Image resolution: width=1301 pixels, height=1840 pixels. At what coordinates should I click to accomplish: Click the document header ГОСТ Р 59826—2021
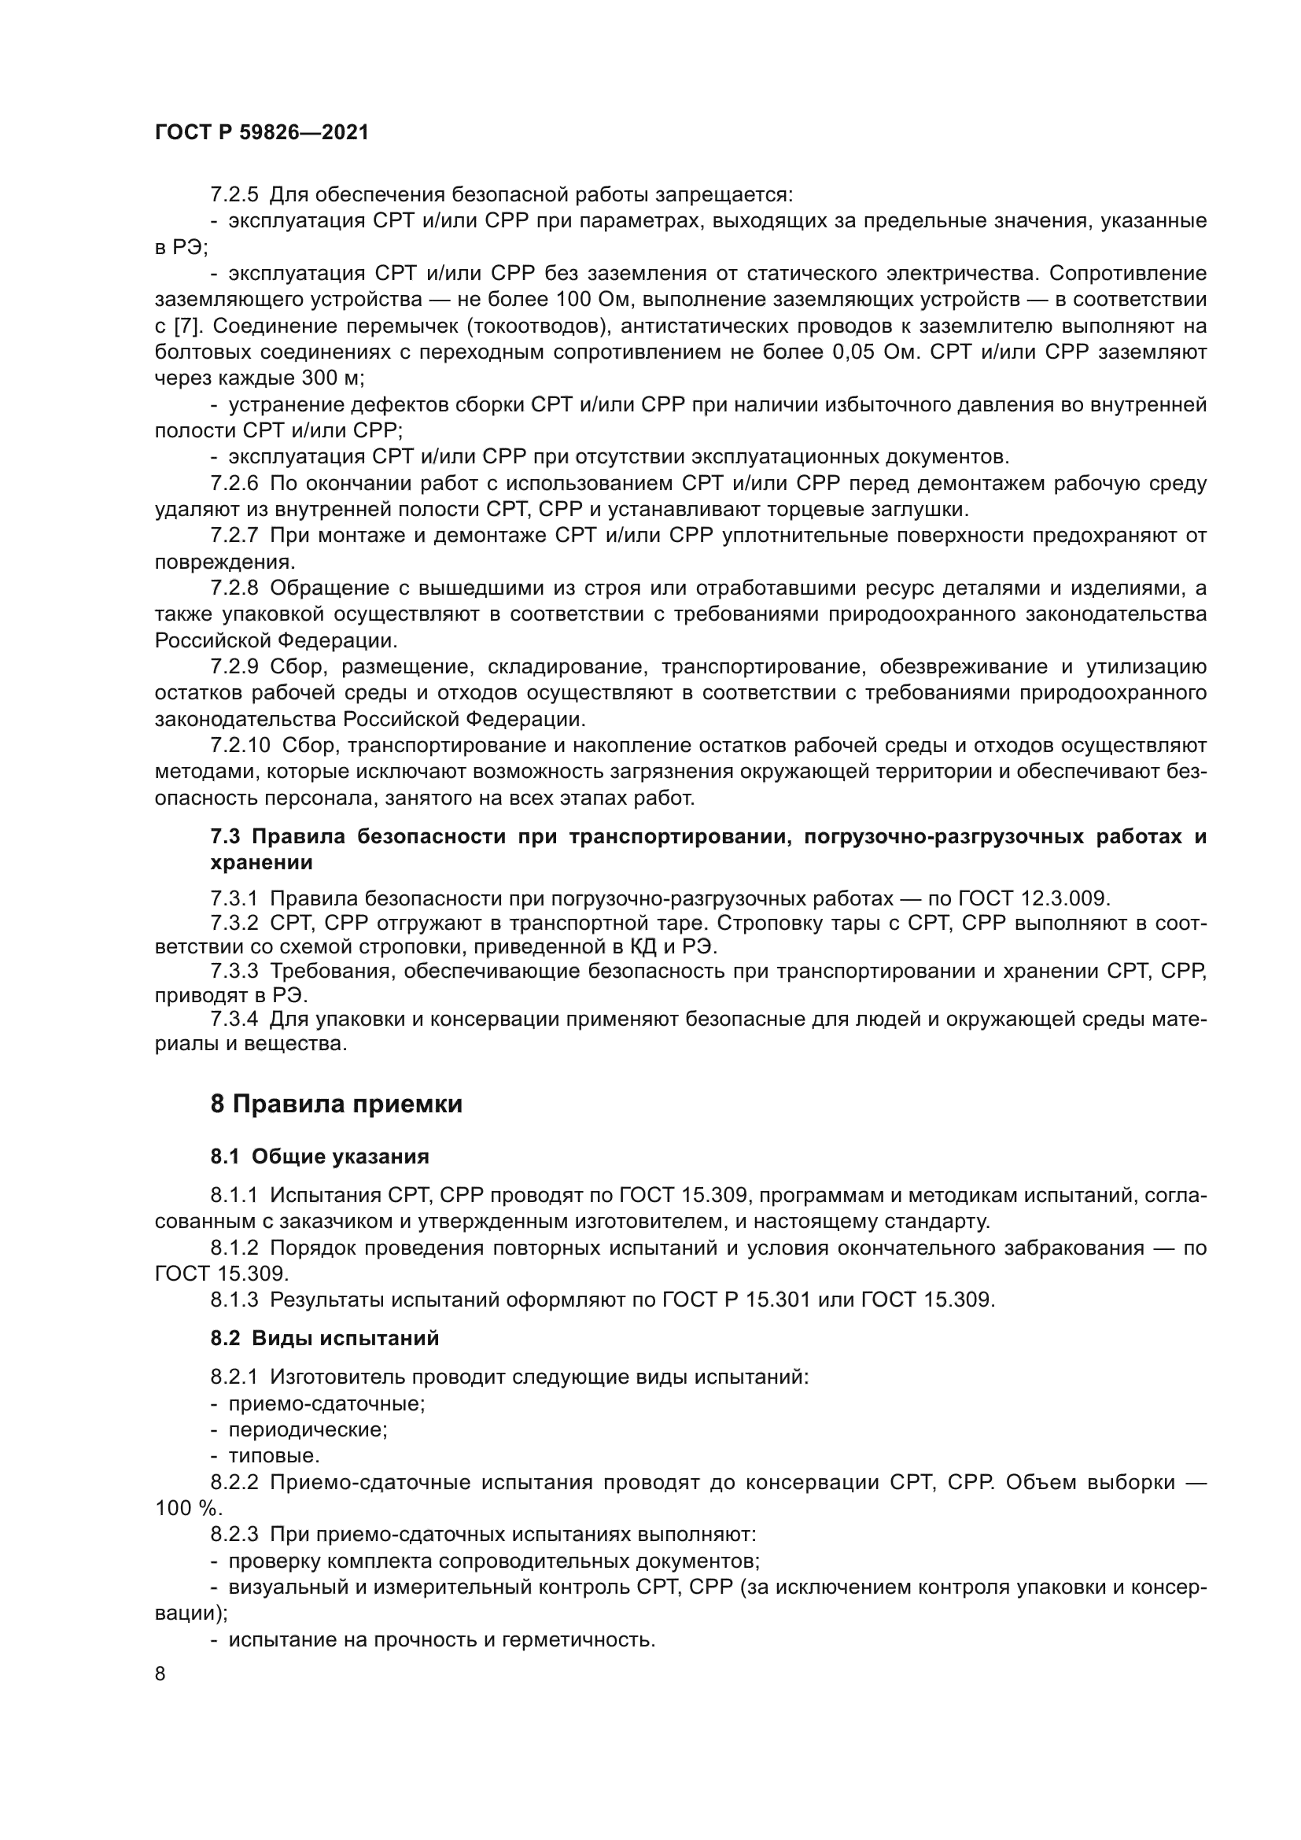click(x=262, y=133)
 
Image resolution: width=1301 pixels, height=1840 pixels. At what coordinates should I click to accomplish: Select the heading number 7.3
click(x=225, y=838)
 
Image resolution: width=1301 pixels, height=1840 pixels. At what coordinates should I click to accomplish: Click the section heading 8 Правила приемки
click(x=337, y=1104)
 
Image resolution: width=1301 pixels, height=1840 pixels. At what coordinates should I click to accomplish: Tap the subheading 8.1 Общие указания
click(x=319, y=1156)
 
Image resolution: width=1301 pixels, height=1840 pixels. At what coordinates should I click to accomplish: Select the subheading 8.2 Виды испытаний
click(x=324, y=1338)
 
